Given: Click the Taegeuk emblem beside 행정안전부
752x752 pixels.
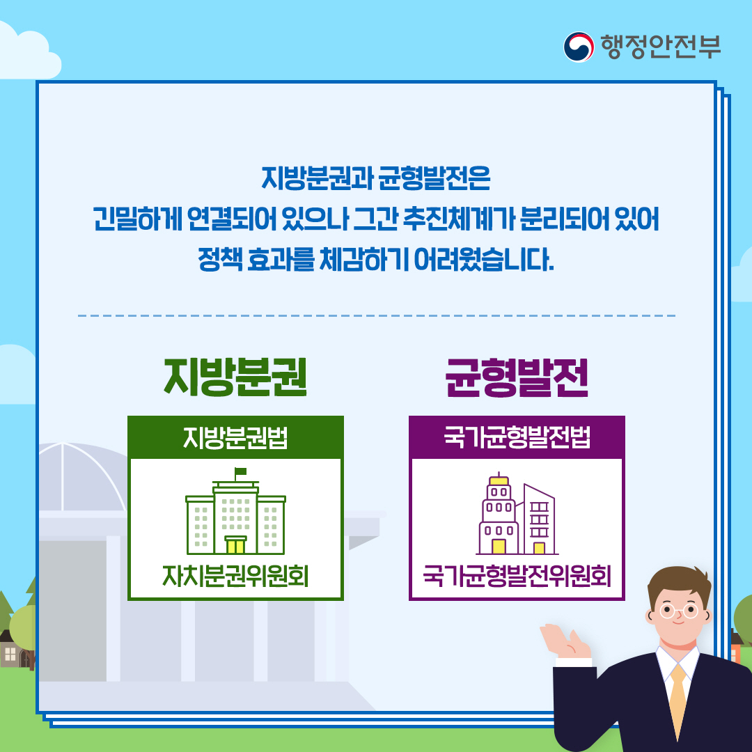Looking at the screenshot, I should pos(579,46).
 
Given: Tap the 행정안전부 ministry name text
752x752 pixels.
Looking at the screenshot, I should pos(660,46).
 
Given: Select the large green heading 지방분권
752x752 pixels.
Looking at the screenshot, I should pos(235,377).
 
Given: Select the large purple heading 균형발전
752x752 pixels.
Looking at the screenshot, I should pos(517,377).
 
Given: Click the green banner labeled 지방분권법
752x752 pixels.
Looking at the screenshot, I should pos(235,439).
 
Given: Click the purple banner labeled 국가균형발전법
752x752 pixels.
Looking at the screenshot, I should pos(517,439).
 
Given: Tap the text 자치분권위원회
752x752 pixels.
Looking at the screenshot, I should pos(235,576).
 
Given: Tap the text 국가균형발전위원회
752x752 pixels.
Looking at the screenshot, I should pos(517,576).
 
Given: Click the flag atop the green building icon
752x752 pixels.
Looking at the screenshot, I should pos(240,472).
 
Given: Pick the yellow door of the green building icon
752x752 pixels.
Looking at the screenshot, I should pos(235,545).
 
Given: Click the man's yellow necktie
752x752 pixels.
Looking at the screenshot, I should pos(677,700).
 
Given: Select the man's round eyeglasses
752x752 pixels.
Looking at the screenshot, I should pos(678,611).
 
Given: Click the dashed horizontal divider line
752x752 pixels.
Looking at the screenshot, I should pos(376,315).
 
